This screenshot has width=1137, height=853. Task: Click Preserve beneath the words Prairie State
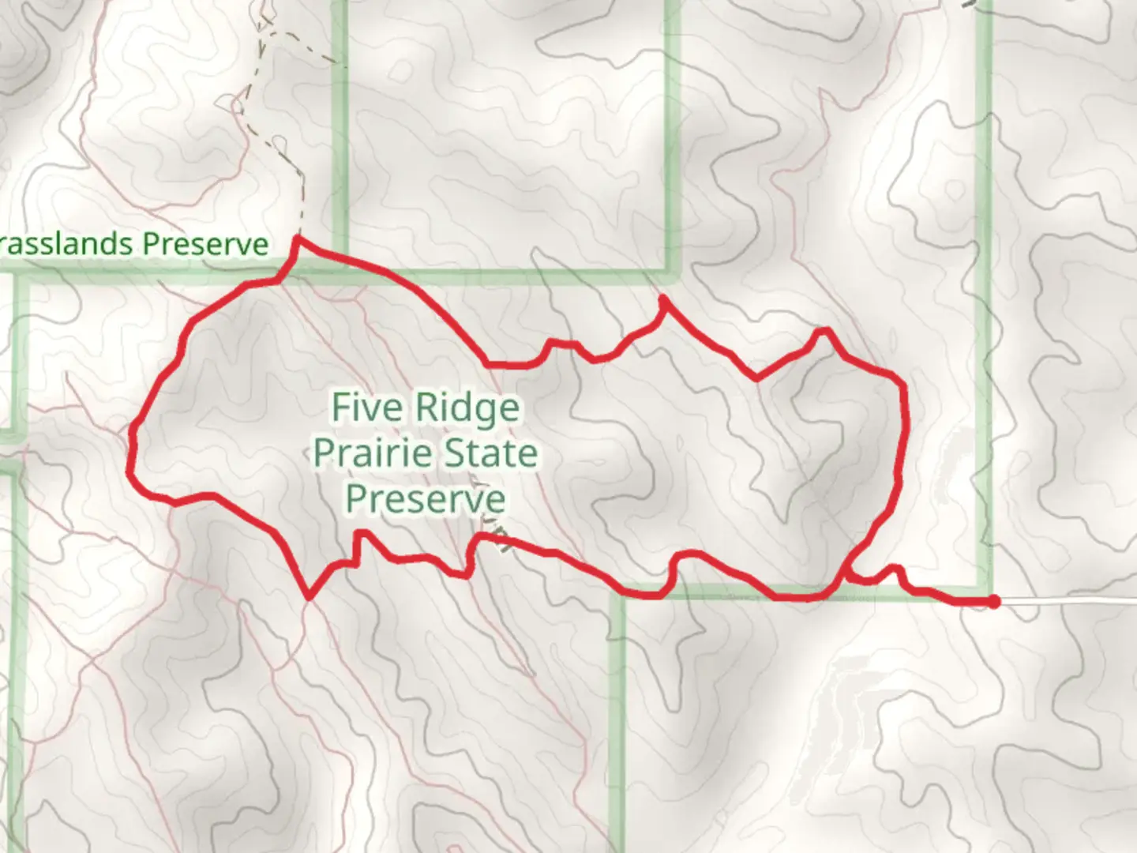pos(426,499)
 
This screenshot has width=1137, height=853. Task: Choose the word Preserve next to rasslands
pos(205,243)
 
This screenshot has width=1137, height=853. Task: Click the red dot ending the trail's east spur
pos(994,602)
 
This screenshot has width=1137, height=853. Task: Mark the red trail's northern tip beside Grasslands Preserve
pos(297,238)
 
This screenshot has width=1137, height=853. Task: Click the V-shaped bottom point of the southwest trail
pos(310,596)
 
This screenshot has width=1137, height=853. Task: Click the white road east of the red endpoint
pos(1066,602)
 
